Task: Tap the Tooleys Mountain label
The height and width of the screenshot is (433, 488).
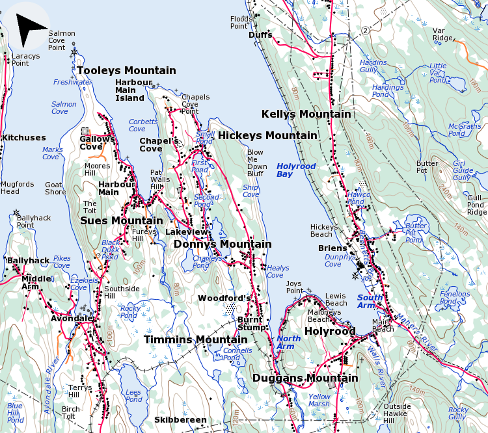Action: (x=126, y=70)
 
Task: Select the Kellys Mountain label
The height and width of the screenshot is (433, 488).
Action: (x=306, y=114)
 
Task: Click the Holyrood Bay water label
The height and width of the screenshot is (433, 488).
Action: (x=296, y=170)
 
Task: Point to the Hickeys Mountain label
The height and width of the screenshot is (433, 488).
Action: (x=267, y=135)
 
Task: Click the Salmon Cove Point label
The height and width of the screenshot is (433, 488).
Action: (x=62, y=40)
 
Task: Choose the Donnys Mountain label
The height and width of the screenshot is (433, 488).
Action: (x=223, y=244)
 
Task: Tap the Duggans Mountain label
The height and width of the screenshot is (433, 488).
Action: (x=305, y=378)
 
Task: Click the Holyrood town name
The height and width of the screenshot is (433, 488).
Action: (x=330, y=331)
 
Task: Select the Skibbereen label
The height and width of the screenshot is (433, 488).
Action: (x=180, y=420)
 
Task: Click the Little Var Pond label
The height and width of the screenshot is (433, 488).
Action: (x=438, y=73)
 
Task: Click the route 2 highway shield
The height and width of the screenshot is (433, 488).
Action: (x=366, y=31)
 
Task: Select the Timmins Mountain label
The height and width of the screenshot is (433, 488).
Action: (x=195, y=339)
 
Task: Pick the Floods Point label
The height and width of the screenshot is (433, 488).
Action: (x=240, y=23)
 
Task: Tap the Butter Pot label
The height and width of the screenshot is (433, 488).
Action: (x=427, y=166)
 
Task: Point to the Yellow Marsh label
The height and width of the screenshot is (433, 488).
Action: (x=319, y=400)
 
